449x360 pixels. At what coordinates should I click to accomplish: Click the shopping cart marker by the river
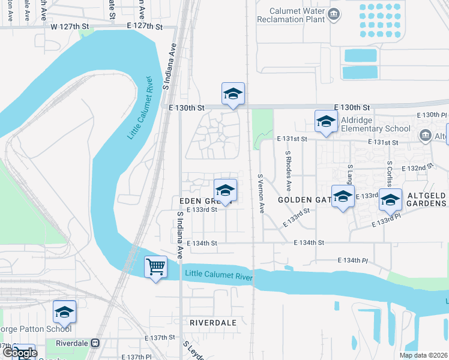click(156, 266)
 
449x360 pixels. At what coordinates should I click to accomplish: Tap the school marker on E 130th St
click(233, 94)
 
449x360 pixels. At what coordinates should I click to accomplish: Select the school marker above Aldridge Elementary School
click(326, 121)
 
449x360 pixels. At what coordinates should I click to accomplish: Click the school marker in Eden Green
click(225, 190)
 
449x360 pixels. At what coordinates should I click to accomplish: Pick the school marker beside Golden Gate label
click(343, 196)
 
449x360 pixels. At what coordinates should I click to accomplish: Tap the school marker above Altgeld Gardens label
click(390, 200)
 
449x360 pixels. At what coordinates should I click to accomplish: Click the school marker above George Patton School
click(64, 311)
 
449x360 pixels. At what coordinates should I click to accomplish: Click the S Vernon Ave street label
click(261, 194)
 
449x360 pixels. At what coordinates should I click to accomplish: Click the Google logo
click(20, 353)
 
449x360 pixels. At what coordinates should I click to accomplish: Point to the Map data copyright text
click(423, 355)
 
